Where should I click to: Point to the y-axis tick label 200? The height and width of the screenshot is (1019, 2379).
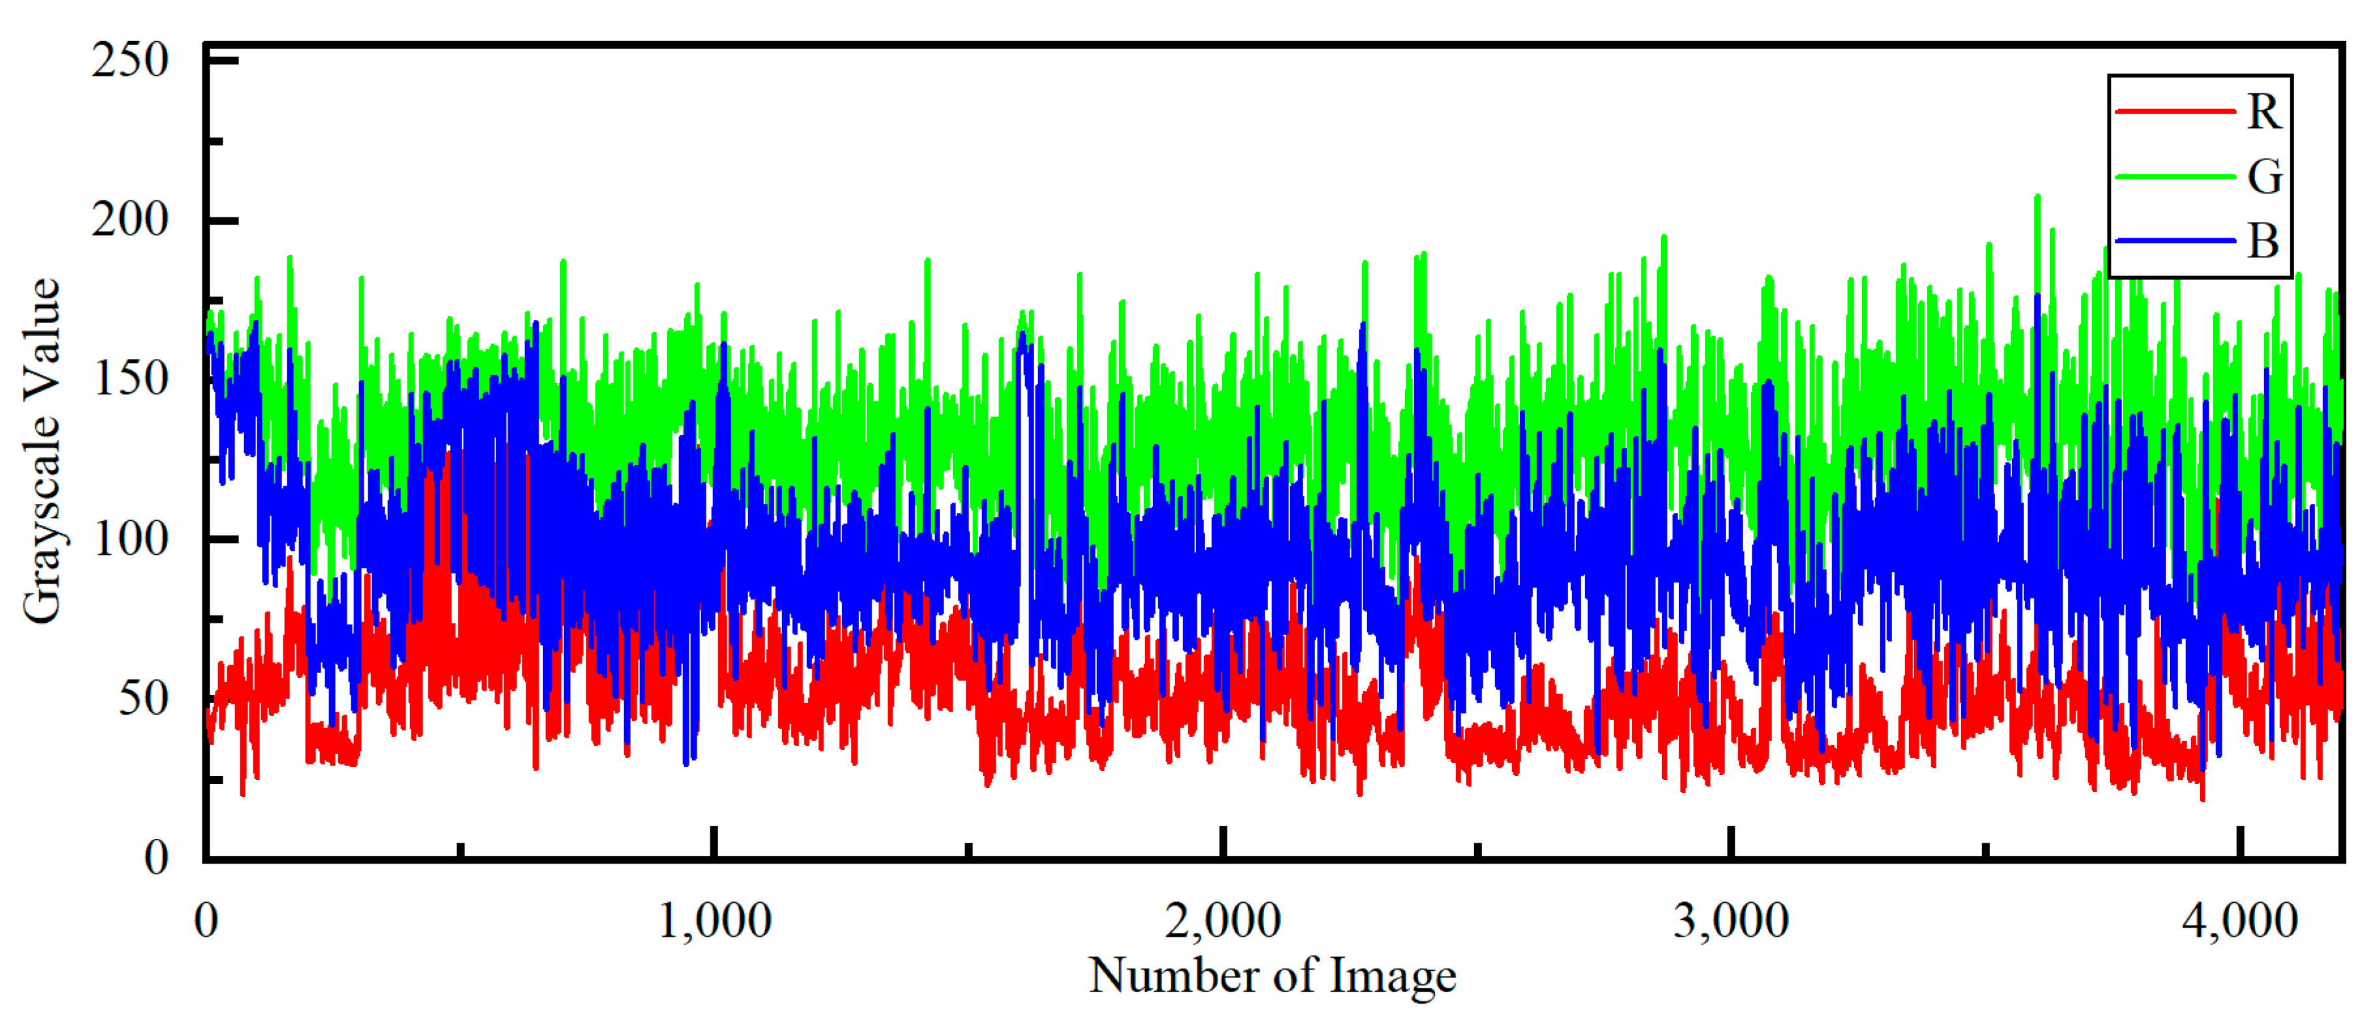[x=129, y=221]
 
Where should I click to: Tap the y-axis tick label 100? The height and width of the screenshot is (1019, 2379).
[x=129, y=539]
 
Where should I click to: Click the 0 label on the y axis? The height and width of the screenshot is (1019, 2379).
[x=156, y=857]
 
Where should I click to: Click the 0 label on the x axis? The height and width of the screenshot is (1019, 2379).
[x=206, y=921]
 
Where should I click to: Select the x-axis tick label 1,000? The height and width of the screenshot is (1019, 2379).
[x=714, y=921]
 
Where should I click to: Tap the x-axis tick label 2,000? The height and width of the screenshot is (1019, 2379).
[x=1223, y=921]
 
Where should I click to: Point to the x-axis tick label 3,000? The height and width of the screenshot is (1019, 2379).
[x=1731, y=921]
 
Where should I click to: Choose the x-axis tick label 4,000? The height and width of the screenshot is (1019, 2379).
[x=2239, y=921]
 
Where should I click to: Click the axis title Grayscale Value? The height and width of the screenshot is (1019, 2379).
[x=42, y=451]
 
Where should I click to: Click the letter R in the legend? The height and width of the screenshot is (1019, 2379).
[x=2263, y=113]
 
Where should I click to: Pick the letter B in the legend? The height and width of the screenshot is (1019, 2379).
[x=2263, y=241]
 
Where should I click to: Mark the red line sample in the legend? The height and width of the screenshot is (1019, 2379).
[x=2175, y=112]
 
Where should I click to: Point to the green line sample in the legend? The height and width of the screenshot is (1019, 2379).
[x=2175, y=176]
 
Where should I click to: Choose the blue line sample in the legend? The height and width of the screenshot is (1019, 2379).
[x=2175, y=241]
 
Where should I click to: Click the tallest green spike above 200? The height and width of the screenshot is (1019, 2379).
[x=2038, y=198]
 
